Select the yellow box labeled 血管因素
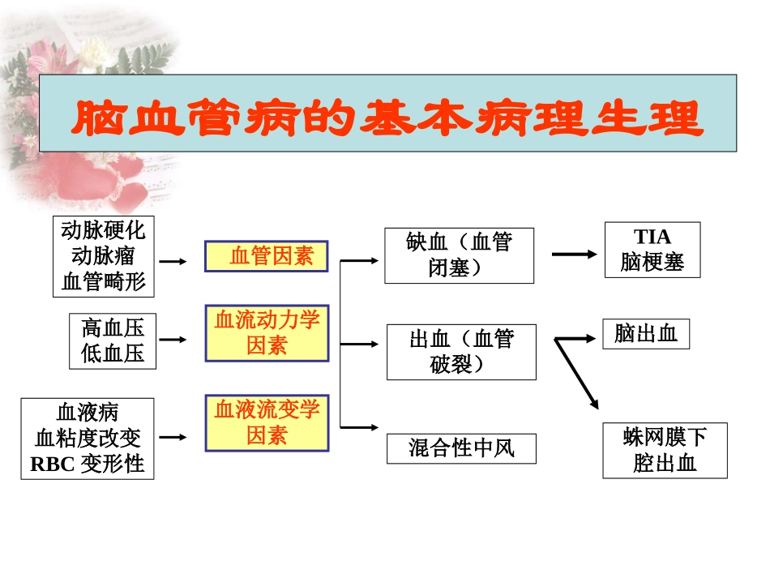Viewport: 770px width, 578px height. [x=267, y=256]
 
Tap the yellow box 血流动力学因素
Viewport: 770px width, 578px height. [x=267, y=333]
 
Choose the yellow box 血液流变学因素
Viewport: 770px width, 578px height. [x=267, y=422]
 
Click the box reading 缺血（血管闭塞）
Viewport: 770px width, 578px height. [x=459, y=255]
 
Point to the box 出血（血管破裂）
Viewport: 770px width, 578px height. [x=460, y=352]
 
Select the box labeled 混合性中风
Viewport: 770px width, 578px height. [x=460, y=448]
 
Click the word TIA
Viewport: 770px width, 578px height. [x=652, y=237]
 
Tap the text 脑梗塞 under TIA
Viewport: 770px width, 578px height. [x=652, y=262]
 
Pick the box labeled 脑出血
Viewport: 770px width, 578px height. [x=645, y=334]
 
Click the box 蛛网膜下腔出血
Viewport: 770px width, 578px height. [x=664, y=450]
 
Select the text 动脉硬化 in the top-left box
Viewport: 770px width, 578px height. [x=103, y=230]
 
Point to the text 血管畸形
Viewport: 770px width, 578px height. [x=103, y=281]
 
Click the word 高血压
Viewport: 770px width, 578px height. [x=113, y=328]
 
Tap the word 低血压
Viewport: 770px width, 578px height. [x=113, y=353]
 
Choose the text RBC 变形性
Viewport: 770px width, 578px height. [x=87, y=464]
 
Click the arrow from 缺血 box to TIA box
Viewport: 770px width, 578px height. [x=575, y=255]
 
